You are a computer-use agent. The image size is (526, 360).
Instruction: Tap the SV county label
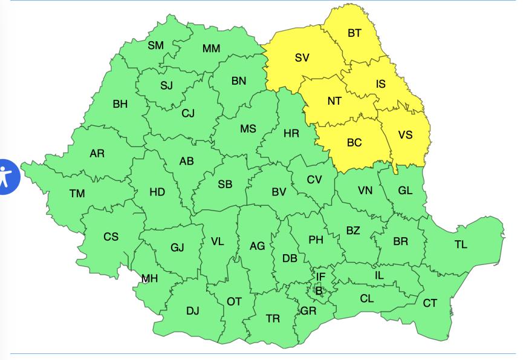(x=302, y=58)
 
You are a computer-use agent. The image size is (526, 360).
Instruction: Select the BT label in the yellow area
(x=354, y=33)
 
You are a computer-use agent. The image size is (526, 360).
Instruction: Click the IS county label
(x=380, y=84)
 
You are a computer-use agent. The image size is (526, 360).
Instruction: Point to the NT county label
(x=334, y=101)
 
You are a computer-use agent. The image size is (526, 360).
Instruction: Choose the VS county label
(x=405, y=134)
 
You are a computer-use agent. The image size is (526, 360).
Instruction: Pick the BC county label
(x=354, y=143)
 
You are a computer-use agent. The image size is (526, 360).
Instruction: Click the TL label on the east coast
(x=461, y=245)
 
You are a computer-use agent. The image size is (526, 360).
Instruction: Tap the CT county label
(x=430, y=303)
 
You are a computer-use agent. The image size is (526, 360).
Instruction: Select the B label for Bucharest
(x=319, y=291)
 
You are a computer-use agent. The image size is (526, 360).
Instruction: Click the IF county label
(x=321, y=277)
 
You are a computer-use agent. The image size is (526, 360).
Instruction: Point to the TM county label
(x=77, y=194)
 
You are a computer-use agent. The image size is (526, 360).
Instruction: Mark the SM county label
(x=156, y=45)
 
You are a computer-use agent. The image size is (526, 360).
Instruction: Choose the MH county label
(x=149, y=278)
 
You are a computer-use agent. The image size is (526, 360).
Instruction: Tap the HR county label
(x=291, y=133)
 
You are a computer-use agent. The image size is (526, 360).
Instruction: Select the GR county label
(x=308, y=311)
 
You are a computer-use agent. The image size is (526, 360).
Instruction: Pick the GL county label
(x=405, y=191)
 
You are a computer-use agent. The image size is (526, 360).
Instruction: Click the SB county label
(x=225, y=185)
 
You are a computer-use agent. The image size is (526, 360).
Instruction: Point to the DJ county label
(x=192, y=311)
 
